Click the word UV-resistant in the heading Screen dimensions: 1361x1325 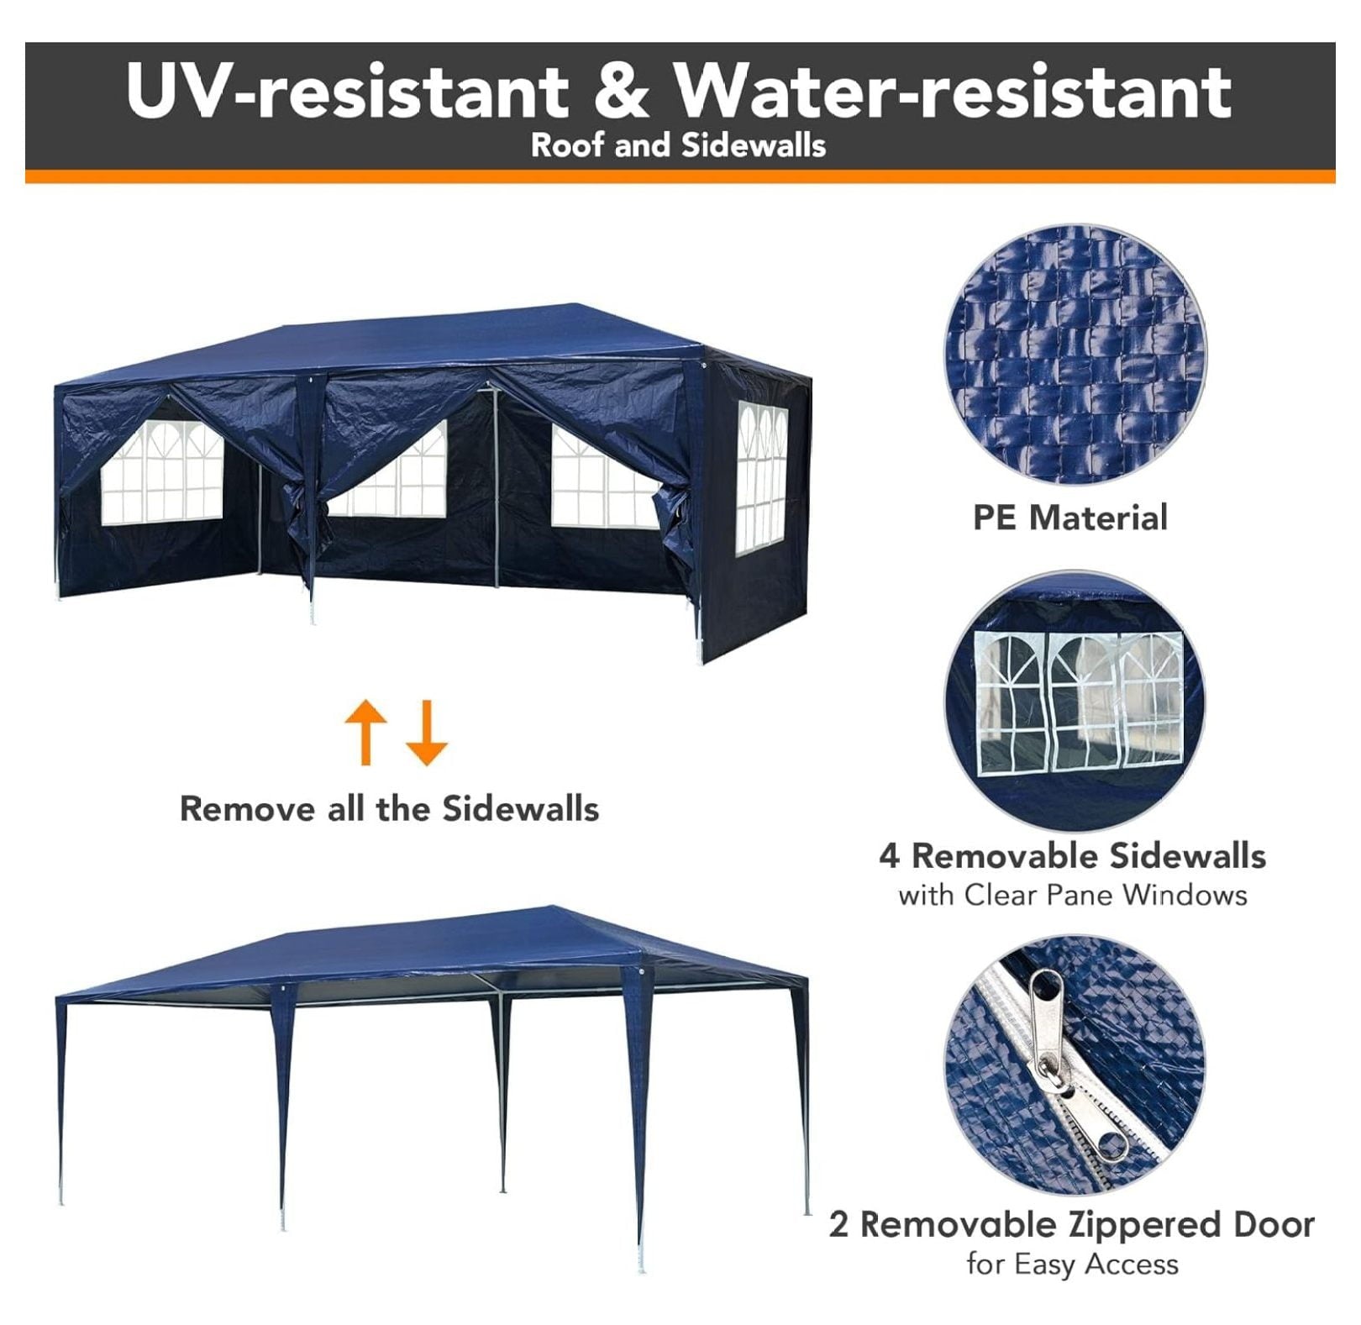tap(347, 90)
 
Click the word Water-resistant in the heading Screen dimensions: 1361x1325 tap(954, 90)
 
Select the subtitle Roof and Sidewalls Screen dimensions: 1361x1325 tap(678, 145)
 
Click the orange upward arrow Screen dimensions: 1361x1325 tap(366, 731)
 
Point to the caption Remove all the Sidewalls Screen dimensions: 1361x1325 tap(390, 808)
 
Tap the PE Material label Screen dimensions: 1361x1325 tap(1070, 518)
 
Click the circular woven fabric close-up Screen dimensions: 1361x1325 tap(1075, 354)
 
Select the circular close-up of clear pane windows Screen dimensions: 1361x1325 tap(1075, 702)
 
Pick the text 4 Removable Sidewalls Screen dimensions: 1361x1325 tap(1073, 855)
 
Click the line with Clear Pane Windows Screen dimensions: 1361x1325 tap(1073, 895)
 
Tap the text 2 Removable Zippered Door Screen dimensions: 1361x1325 tap(1072, 1225)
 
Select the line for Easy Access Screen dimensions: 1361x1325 tap(1072, 1264)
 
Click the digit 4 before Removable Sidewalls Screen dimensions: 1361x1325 tap(890, 856)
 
